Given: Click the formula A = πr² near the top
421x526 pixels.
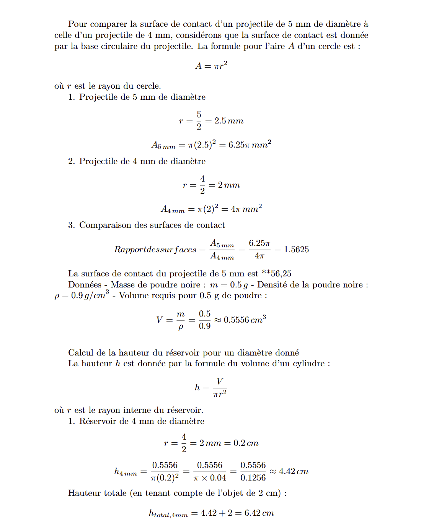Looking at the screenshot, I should (211, 65).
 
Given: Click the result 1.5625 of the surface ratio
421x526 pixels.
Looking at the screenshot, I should (296, 250).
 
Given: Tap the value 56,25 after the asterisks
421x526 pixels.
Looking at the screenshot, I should (281, 274).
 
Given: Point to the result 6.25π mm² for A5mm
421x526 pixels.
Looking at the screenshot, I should (250, 144).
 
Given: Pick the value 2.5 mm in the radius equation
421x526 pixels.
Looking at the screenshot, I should (229, 121).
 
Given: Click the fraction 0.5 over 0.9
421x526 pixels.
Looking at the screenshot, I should (205, 320).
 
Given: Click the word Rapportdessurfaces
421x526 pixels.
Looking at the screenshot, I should (155, 250).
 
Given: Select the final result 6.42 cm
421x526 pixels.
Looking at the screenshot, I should (259, 513).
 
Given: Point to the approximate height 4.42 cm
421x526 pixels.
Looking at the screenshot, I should (294, 471).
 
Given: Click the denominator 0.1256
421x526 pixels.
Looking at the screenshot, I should (253, 478).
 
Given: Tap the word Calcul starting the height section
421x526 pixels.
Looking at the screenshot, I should (80, 352).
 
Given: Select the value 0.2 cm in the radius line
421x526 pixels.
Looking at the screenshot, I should (246, 443).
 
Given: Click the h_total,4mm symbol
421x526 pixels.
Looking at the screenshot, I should (168, 514).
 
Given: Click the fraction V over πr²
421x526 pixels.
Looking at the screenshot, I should (220, 387).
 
